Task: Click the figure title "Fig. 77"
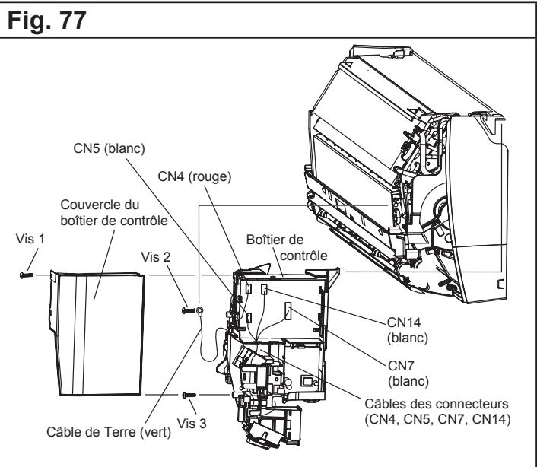46,21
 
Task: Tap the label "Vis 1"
30,239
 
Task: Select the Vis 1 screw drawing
27,275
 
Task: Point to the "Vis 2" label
156,257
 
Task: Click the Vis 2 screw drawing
189,310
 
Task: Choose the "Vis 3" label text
192,424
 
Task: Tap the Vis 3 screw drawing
189,395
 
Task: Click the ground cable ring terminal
199,311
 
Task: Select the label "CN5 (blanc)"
110,148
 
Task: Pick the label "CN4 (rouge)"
195,176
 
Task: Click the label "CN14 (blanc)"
408,330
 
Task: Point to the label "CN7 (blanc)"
408,373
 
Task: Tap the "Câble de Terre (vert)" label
109,432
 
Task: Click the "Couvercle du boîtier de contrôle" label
114,213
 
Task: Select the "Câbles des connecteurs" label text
437,404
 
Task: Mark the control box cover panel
98,334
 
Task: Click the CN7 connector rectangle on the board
288,311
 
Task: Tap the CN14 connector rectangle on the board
264,289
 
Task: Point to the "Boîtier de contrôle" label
287,247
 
